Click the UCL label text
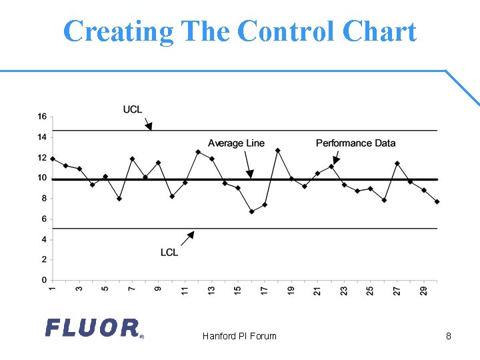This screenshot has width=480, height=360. [x=133, y=109]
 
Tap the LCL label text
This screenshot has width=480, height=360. [x=169, y=252]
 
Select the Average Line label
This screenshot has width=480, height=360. [x=236, y=143]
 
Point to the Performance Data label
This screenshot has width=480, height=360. [x=355, y=143]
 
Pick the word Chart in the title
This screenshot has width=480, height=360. [x=379, y=31]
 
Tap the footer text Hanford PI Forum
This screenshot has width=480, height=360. [x=239, y=336]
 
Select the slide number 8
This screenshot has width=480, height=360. [x=449, y=336]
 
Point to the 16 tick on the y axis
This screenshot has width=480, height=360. [x=42, y=117]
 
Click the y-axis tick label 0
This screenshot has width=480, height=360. [x=44, y=280]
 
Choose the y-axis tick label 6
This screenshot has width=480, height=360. [x=44, y=219]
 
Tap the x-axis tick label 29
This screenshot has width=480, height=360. [x=424, y=291]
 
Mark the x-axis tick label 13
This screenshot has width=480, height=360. [x=211, y=291]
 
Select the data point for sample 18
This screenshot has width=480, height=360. [x=278, y=151]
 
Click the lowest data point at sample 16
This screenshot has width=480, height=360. [x=251, y=211]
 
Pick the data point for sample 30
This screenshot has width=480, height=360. [x=437, y=201]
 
